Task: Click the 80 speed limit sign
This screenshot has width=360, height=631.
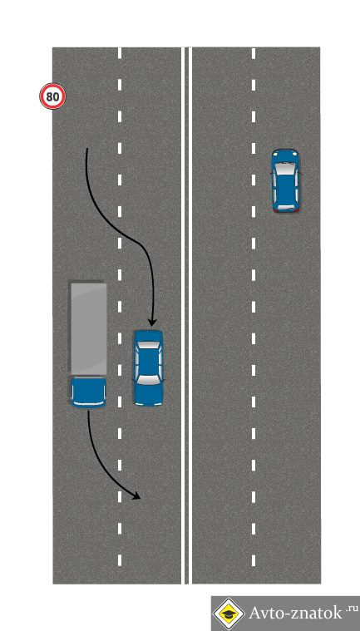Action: point(52,96)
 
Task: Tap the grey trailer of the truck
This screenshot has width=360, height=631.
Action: point(89,328)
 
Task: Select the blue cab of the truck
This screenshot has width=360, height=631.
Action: point(88,392)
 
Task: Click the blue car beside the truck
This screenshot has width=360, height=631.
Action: point(149,367)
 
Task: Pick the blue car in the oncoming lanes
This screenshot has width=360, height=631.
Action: point(285,180)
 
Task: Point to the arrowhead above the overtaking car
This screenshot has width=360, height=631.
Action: point(152,322)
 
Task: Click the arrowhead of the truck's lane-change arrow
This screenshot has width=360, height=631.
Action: point(136,496)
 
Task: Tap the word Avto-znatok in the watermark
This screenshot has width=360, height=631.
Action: point(295,613)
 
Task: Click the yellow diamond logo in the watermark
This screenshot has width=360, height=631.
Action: point(229,614)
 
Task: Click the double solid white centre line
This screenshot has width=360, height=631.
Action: point(186,316)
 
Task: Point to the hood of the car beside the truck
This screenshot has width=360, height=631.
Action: point(149,393)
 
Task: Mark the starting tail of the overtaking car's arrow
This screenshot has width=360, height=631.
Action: point(86,149)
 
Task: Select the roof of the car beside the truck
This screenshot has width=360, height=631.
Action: point(149,362)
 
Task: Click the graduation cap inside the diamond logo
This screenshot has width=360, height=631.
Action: point(229,614)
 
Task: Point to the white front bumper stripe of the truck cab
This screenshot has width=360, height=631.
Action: point(88,403)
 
